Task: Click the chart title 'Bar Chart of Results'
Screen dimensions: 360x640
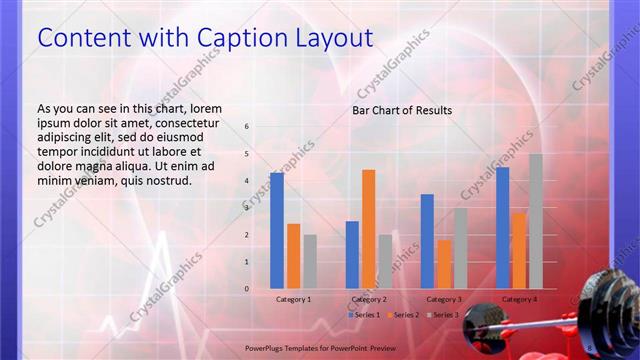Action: tap(402, 110)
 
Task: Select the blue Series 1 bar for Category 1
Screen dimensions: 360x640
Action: tap(276, 231)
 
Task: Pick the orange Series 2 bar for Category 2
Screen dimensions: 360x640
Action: tap(368, 229)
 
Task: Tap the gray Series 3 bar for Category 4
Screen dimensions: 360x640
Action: tap(536, 221)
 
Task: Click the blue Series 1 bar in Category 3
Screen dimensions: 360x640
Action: tap(427, 241)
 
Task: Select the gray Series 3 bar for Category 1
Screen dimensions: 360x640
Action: tap(310, 262)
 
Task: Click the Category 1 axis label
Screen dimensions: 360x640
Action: tap(293, 299)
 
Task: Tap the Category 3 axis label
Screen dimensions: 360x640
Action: tap(444, 299)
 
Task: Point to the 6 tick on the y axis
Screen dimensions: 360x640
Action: tap(247, 127)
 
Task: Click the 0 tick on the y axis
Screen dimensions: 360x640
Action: tap(247, 289)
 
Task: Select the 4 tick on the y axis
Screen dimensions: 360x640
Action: tap(247, 181)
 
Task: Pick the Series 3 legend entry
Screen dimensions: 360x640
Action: tap(443, 315)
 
